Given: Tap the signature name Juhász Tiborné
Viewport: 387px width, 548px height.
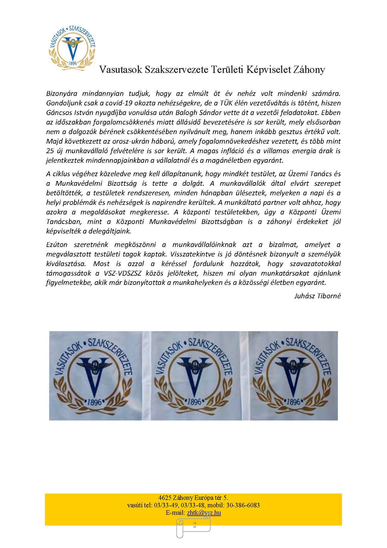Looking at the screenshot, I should coord(317,296).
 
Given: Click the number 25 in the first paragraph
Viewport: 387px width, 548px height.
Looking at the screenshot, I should coord(50,151).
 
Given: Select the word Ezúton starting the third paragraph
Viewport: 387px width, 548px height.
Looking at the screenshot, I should coord(57,245).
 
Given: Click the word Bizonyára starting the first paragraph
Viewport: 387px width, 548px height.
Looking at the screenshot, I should coord(62,94).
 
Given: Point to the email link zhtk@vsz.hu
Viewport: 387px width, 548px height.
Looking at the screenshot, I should coord(204,513).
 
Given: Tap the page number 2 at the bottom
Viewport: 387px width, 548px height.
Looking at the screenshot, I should coord(194,525).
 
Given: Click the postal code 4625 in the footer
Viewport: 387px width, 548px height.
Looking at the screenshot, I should coord(165,498).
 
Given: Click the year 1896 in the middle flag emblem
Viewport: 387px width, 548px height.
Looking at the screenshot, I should coord(194,402).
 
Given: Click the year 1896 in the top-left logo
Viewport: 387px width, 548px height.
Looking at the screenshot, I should coord(73,63).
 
